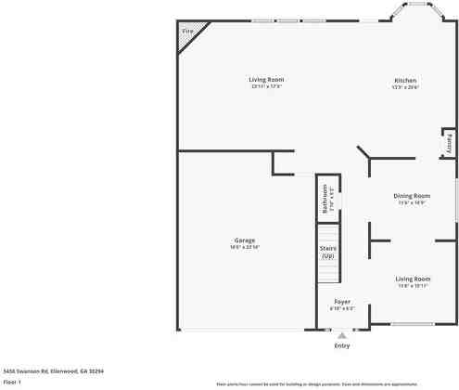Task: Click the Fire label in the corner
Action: coord(187,32)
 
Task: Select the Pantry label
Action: coord(449,144)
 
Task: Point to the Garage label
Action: coord(244,240)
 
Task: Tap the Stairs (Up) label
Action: coord(327,252)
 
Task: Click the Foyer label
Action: coord(342,302)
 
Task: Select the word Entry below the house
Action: coord(342,346)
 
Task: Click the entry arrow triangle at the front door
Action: coord(342,335)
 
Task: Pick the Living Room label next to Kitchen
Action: coord(264,81)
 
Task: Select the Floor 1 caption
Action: coord(13,381)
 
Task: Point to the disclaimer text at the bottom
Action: coord(316,383)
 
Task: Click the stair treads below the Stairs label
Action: coord(327,272)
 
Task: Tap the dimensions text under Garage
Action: coord(244,247)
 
